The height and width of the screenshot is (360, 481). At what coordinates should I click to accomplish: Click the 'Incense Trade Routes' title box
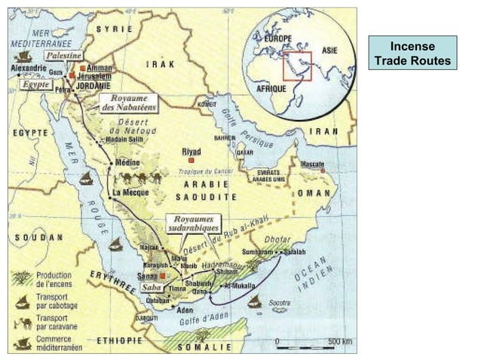[x=412, y=53]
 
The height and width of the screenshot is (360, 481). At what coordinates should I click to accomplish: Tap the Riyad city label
[x=191, y=151]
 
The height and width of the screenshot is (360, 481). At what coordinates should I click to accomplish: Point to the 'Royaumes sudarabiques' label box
[x=193, y=223]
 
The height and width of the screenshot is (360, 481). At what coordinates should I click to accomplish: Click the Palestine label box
[x=63, y=56]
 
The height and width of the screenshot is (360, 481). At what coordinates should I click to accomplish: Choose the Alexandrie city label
[x=29, y=67]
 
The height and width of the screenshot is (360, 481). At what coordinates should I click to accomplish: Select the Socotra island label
[x=278, y=302]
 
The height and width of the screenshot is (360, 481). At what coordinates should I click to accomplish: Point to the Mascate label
[x=312, y=163]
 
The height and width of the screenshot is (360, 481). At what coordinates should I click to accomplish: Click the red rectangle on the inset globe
[x=297, y=66]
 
